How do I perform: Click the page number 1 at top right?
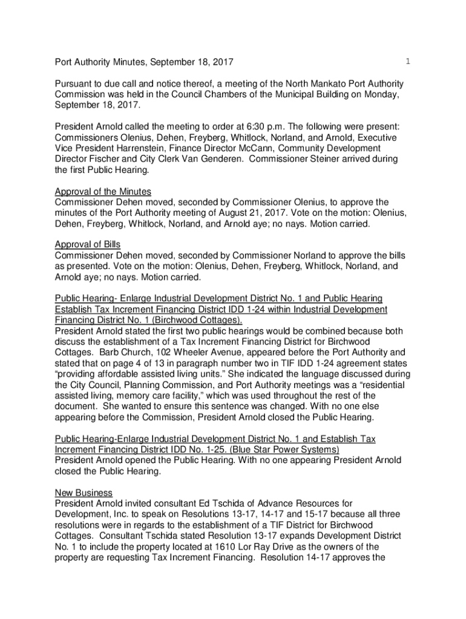point(409,61)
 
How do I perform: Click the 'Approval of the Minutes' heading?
point(103,192)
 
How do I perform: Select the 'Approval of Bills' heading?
point(88,244)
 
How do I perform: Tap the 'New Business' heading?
point(84,493)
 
